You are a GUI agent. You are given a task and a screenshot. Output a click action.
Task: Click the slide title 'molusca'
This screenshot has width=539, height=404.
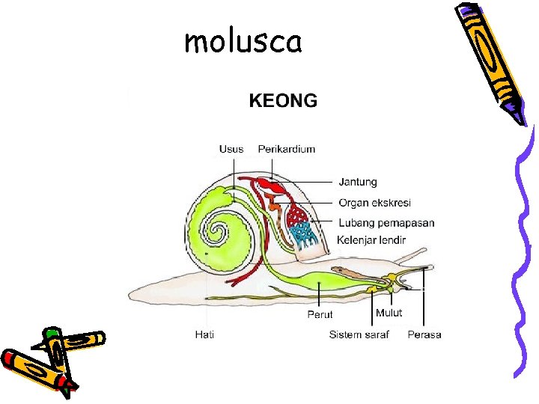243,42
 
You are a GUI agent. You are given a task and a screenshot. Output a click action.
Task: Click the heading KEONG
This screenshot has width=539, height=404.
283,100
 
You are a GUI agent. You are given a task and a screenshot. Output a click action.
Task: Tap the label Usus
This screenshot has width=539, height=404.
231,149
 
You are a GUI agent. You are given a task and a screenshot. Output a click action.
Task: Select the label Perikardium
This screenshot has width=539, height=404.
287,149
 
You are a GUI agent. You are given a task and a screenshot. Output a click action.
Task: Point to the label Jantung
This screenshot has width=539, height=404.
358,182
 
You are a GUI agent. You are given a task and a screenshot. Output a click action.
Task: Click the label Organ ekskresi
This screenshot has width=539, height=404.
374,203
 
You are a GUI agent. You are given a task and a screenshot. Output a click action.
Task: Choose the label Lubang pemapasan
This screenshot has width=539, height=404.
386,223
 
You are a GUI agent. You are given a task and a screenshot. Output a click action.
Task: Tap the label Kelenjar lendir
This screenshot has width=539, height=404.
371,240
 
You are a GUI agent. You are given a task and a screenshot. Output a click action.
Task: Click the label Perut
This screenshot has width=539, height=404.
320,314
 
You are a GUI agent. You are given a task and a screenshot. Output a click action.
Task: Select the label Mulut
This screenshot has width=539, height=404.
389,313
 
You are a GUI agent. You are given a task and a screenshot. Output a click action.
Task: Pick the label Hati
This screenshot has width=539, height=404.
204,334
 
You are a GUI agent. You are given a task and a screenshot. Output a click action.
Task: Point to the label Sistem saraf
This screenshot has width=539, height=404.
359,334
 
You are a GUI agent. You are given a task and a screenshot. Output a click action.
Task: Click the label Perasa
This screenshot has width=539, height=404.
424,334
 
